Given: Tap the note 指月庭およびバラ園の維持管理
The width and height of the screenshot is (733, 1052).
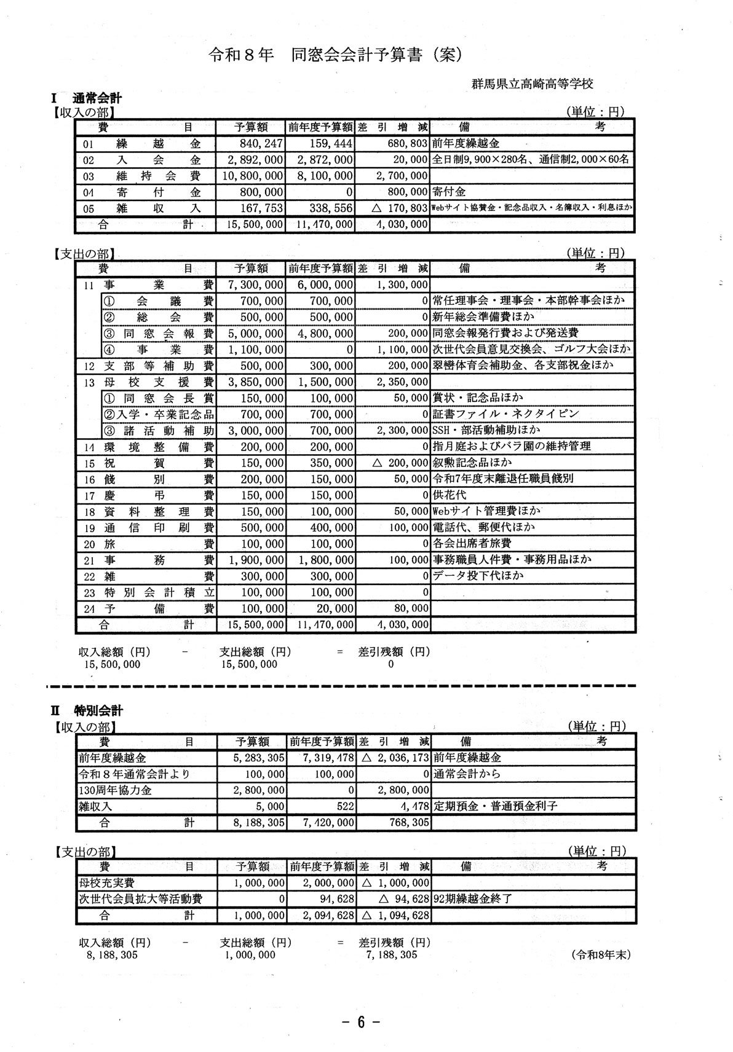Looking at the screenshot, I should pyautogui.click(x=512, y=446).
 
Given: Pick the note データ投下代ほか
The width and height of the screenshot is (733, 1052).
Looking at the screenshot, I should pyautogui.click(x=478, y=576).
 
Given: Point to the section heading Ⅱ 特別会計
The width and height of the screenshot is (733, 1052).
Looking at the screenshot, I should pyautogui.click(x=87, y=710).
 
